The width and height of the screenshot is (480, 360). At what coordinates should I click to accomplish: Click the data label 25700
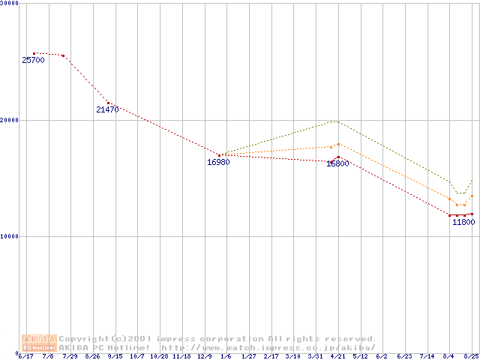[33, 60]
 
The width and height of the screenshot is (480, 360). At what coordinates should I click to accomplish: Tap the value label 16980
[218, 162]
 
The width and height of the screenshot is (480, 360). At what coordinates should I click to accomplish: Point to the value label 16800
[337, 163]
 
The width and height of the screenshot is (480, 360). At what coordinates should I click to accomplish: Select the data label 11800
[463, 222]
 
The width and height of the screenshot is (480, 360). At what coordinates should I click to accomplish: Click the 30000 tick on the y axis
[10, 3]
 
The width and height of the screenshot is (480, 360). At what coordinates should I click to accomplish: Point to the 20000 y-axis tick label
[10, 120]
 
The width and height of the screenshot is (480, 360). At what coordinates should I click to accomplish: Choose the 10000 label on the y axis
[10, 236]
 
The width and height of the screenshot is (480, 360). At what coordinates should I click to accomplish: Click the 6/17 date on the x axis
[25, 356]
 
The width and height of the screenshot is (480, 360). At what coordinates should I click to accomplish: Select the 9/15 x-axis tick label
[115, 356]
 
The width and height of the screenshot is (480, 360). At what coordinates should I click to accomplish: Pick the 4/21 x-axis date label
[337, 356]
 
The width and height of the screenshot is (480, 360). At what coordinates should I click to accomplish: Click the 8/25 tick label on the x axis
[471, 356]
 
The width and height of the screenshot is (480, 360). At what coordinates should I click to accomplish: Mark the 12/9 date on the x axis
[204, 356]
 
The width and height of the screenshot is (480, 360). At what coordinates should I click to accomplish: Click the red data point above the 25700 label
[34, 53]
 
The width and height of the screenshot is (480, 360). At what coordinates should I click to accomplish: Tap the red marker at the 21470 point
[108, 103]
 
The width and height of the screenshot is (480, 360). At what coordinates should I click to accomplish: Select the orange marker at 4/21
[338, 144]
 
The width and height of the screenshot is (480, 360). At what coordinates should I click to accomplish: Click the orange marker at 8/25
[472, 196]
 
